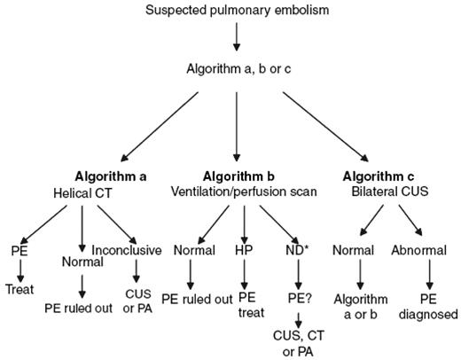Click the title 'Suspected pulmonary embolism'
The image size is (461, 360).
click(x=236, y=11)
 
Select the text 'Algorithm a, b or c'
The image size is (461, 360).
click(x=236, y=68)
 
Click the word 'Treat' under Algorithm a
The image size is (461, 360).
click(x=18, y=288)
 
